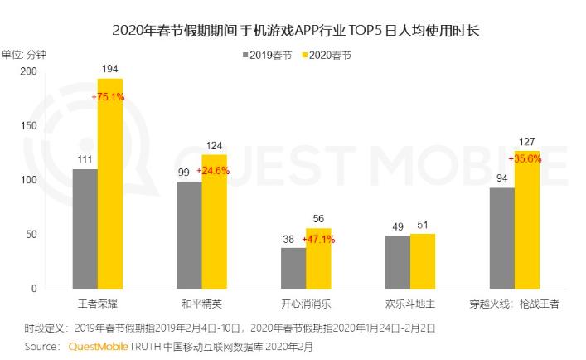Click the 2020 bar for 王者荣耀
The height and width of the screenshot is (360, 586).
[110, 183]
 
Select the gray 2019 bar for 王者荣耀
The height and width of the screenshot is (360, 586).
[85, 229]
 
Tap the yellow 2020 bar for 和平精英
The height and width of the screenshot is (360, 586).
[214, 221]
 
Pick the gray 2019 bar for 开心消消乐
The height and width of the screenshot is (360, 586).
[293, 268]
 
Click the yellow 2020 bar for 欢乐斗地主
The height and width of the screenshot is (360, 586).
[423, 261]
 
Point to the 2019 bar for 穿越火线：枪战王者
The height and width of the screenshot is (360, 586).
[502, 238]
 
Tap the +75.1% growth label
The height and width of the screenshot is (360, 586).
[110, 97]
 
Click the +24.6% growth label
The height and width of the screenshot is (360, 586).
[214, 171]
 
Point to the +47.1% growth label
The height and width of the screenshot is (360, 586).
[318, 239]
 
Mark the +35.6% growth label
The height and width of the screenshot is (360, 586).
[525, 158]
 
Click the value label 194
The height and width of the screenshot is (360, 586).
[110, 67]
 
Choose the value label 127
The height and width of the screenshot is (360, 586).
[527, 141]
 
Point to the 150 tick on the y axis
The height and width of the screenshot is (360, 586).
[29, 126]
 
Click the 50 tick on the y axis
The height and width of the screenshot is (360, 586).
[31, 235]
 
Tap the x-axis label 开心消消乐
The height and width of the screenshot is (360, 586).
[306, 304]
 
